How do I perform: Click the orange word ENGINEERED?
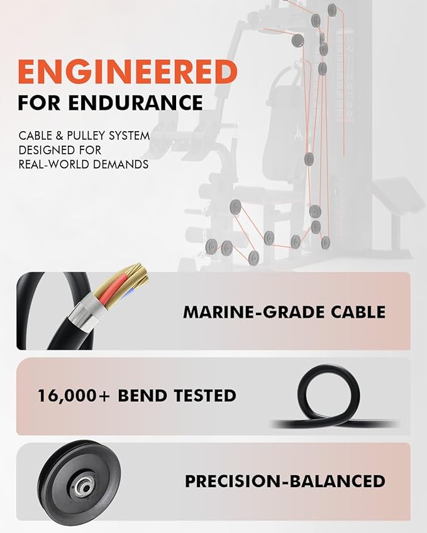coord(128,72)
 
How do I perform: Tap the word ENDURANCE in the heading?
coord(135,103)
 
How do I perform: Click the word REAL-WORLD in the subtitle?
coord(54,164)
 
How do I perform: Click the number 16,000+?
coord(74,396)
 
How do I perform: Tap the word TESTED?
coord(205,396)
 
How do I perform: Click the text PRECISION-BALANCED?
coord(286,482)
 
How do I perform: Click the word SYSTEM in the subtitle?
coord(130,136)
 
